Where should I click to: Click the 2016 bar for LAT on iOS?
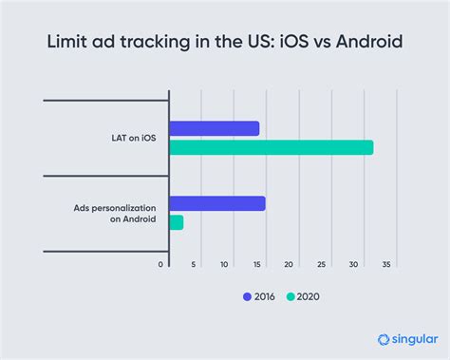tap(214, 128)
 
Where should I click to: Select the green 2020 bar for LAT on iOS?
tap(271, 147)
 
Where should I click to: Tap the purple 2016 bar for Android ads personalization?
tap(216, 202)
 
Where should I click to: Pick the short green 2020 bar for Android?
tap(176, 221)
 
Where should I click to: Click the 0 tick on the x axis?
tap(160, 264)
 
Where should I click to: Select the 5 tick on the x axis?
tap(193, 264)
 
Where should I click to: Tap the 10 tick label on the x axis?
tap(224, 264)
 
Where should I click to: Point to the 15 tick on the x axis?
tap(256, 264)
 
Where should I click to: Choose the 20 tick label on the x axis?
tap(290, 264)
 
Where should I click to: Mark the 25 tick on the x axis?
tap(322, 264)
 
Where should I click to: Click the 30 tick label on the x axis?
tap(354, 264)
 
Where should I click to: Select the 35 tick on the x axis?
tap(386, 264)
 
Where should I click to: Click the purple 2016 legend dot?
tap(248, 296)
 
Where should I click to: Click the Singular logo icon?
tap(384, 339)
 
